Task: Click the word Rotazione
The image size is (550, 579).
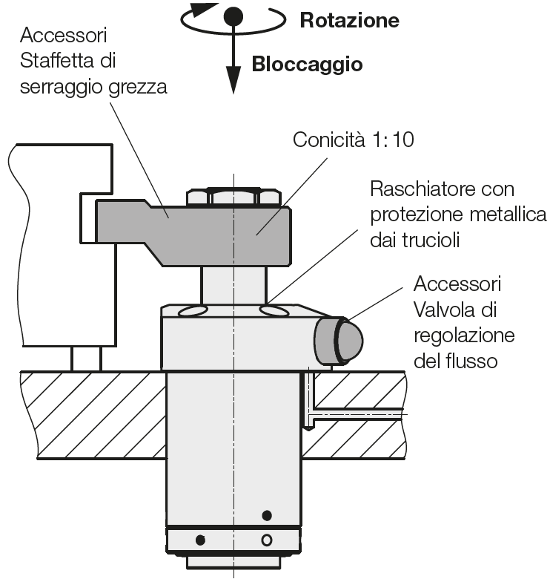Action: [x=349, y=20]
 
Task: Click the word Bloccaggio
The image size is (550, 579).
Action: [x=307, y=64]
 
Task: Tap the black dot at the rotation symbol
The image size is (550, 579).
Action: [x=233, y=16]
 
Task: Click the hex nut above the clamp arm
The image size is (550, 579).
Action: [x=233, y=197]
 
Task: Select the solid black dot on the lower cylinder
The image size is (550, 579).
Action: [x=268, y=515]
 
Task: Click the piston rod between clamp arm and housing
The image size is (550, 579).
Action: [x=233, y=286]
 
